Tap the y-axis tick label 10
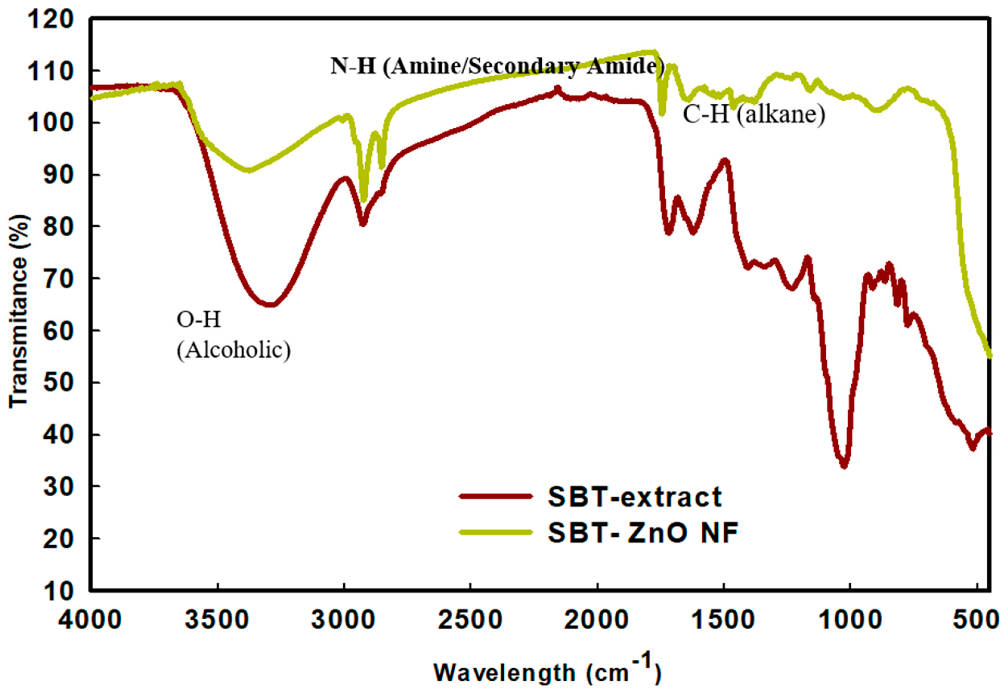[x=58, y=591]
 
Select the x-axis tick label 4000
[x=91, y=619]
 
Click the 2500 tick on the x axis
[x=470, y=619]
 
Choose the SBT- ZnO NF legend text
[x=643, y=532]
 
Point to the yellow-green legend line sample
[x=495, y=532]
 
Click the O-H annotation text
[x=199, y=320]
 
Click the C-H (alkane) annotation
[x=754, y=115]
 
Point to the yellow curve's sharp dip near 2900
[x=364, y=200]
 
